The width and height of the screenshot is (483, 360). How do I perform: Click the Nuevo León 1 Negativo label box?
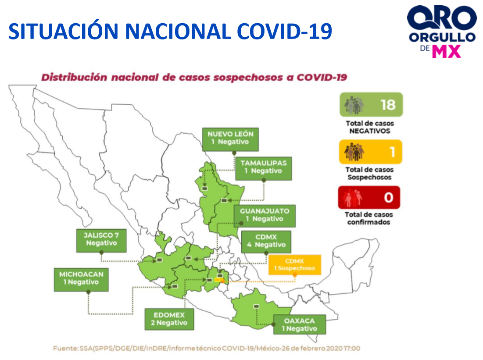(230, 139)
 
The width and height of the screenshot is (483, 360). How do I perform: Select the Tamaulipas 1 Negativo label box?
(263, 168)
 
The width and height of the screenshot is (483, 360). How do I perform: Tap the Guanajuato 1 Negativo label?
(265, 216)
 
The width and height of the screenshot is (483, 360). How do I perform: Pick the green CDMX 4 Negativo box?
(266, 242)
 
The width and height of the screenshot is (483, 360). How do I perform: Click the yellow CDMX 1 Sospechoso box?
(295, 265)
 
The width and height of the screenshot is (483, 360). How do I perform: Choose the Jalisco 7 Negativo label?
(101, 241)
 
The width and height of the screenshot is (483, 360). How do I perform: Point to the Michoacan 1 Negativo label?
(81, 280)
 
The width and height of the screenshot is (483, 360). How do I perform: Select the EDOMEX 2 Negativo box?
(169, 320)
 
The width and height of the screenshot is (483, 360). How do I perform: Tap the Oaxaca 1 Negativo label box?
(300, 324)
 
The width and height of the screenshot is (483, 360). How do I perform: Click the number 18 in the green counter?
(388, 105)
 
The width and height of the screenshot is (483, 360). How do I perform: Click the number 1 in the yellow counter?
(392, 152)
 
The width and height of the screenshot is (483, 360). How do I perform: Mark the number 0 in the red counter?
(389, 197)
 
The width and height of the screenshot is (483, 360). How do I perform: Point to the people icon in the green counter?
(354, 105)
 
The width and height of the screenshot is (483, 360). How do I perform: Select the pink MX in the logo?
(447, 51)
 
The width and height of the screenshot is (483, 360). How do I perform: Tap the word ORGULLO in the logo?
(442, 37)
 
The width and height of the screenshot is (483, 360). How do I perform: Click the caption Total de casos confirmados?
(369, 218)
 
